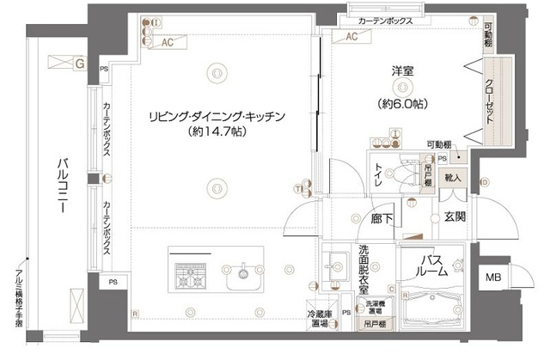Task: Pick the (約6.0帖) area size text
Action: coord(401,104)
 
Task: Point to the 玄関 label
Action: coord(455,217)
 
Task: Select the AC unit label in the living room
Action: coord(169,40)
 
